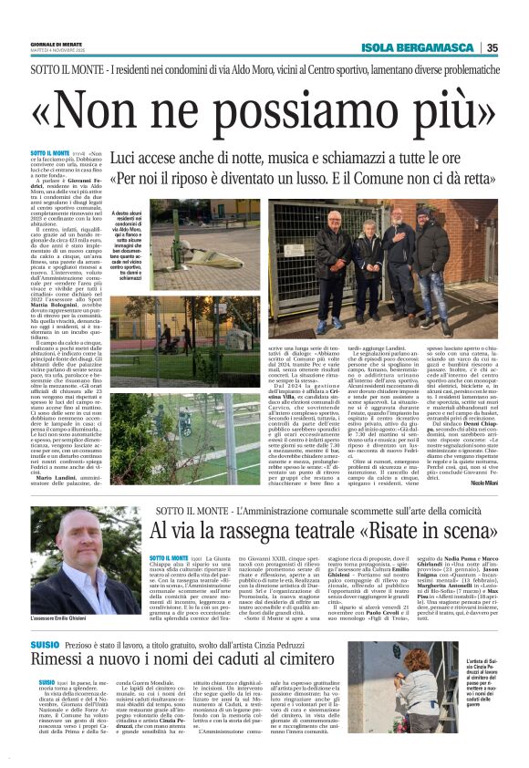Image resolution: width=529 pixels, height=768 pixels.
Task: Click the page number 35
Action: click(x=515, y=47)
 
